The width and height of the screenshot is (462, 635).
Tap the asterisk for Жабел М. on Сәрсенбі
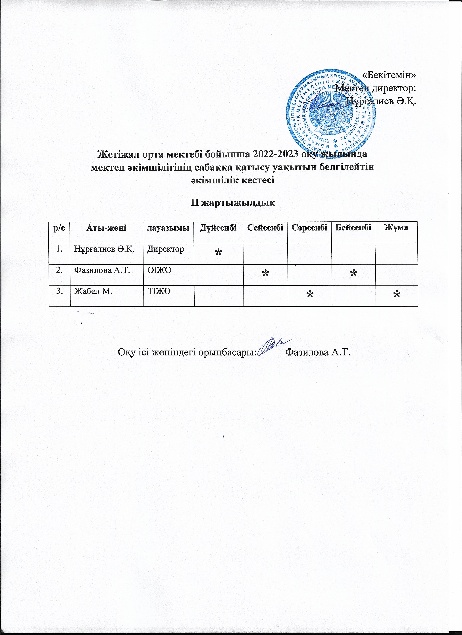point(310,294)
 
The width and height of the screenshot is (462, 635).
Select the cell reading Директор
point(166,249)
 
